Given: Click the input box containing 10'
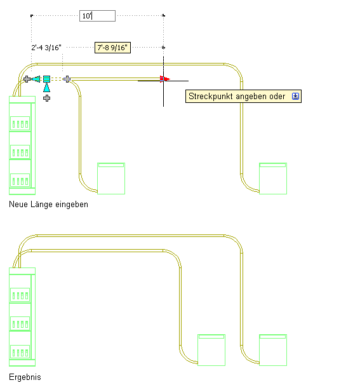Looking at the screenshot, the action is tap(97, 16).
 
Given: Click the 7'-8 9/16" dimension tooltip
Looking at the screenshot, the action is tap(112, 48).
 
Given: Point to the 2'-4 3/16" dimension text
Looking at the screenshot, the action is tap(46, 48).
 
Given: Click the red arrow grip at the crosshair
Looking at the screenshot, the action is tap(165, 79).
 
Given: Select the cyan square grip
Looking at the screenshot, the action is tap(47, 79).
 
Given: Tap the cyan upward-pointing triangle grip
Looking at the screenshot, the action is tap(47, 88).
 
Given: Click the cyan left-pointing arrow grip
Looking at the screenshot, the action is tap(36, 79).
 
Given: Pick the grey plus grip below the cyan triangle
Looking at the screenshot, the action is tap(47, 98).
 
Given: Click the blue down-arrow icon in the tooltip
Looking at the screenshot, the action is tap(295, 96).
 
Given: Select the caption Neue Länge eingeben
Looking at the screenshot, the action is tap(48, 205).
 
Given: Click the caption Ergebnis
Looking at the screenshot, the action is tap(25, 377).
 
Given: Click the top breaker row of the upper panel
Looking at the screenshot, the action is tap(20, 123).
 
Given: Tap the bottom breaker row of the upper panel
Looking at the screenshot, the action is tap(20, 180).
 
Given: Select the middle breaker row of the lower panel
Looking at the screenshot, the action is tap(20, 323).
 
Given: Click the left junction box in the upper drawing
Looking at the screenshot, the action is tap(111, 179).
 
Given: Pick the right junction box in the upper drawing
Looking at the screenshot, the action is tap(273, 179).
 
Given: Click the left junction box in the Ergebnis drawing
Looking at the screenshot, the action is tap(211, 350).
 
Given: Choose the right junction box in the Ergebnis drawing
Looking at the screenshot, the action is tap(273, 350).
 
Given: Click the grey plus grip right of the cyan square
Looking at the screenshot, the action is tap(67, 79).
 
